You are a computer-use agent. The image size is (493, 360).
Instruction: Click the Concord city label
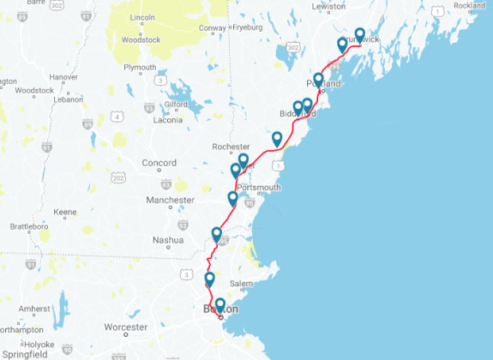[x=159, y=163]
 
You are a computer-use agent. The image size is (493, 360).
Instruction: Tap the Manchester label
[x=170, y=200]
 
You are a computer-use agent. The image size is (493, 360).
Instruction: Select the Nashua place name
[x=168, y=240]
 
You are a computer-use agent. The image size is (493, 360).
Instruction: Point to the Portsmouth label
[x=258, y=188]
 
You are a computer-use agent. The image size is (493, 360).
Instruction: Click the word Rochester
[x=231, y=147]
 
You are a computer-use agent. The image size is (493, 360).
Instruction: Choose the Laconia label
[x=167, y=120]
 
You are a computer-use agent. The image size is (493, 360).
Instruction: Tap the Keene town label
[x=65, y=212]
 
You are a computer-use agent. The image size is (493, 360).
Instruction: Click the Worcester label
[x=125, y=327]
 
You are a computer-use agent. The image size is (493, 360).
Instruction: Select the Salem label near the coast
[x=241, y=284]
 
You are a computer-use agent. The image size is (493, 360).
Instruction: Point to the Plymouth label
[x=140, y=67]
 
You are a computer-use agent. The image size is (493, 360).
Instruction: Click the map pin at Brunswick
[x=360, y=35]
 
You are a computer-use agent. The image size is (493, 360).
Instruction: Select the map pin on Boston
[x=219, y=305]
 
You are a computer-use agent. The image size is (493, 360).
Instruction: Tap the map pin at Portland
[x=318, y=81]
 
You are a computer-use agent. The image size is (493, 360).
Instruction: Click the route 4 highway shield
[x=116, y=117]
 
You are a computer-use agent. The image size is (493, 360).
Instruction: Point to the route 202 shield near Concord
[x=118, y=177]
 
